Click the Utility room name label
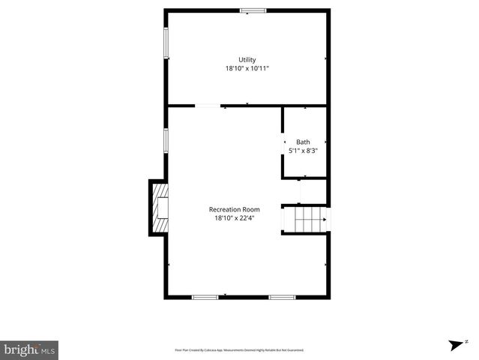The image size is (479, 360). coord(247,60)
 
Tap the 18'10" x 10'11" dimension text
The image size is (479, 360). coord(247,68)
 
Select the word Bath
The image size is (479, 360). coord(303,142)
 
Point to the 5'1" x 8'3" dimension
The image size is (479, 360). coord(304,151)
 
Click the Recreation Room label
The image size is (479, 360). coord(234,209)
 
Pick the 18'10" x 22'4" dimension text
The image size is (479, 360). coord(234,218)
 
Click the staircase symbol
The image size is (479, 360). coord(305,220)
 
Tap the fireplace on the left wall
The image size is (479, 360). coord(159,207)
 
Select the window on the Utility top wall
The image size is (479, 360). coord(253,10)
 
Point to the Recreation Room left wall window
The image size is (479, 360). coord(166,140)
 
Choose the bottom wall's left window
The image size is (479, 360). coord(205,297)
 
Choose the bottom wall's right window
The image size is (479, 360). coord(282,297)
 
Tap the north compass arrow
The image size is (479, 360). coord(454,344)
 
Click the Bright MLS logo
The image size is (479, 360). coord(29,349)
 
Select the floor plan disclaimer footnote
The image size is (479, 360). coord(239,349)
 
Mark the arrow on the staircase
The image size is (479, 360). coord(323,220)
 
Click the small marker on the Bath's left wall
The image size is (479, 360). coord(284,142)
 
